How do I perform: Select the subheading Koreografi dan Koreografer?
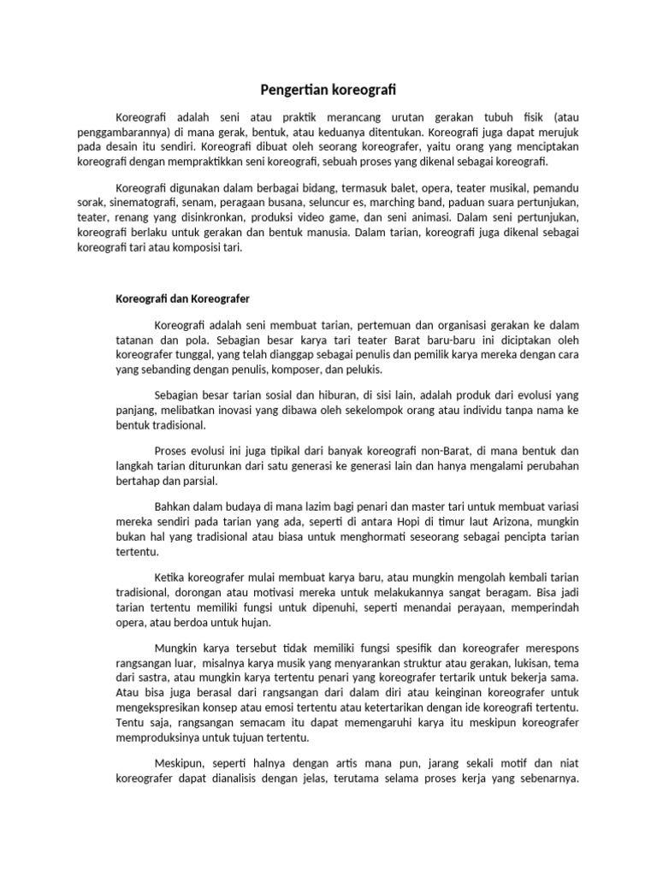182,299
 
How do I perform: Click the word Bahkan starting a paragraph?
175,505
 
